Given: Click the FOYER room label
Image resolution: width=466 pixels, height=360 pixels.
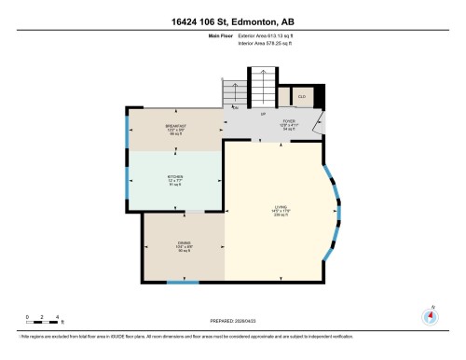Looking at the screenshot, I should click(x=290, y=122).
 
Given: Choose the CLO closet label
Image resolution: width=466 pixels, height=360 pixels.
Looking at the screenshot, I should click(x=303, y=96).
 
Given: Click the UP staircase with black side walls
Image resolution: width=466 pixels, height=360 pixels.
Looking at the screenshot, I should click(x=263, y=90).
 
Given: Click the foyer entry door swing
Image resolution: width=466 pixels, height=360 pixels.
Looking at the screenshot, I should click(x=320, y=122).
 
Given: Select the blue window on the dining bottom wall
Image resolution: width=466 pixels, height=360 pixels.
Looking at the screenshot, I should click(x=176, y=281).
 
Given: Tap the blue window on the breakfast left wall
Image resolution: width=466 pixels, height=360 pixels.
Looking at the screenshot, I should click(x=127, y=132).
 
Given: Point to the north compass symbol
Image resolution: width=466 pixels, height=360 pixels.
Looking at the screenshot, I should click(x=430, y=315).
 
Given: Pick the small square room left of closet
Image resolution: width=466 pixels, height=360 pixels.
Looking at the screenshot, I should click(x=284, y=96).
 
